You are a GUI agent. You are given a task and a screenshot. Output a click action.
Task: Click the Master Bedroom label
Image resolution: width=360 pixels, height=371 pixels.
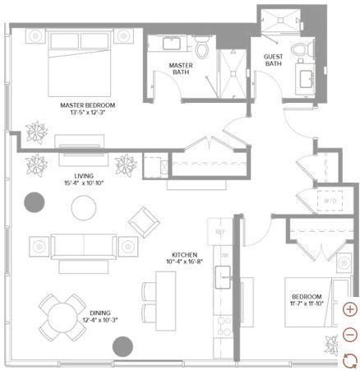click(87, 105)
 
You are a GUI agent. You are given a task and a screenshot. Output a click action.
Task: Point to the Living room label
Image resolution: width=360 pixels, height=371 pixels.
click(83, 176)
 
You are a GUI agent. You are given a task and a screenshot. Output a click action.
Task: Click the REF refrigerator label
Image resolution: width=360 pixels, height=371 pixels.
click(219, 233)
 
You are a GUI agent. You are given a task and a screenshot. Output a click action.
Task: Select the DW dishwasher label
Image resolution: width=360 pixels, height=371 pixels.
click(223, 255)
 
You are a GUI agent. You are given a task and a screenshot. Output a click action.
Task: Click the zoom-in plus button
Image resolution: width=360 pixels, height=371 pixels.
click(350, 309)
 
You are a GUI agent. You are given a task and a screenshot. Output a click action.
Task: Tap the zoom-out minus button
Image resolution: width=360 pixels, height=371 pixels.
click(350, 335)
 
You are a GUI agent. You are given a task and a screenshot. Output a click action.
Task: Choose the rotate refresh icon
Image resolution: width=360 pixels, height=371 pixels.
click(350, 359)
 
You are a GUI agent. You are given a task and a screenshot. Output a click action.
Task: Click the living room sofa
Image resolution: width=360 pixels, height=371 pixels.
click(82, 245)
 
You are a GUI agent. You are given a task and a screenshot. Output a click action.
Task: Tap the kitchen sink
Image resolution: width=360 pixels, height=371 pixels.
click(222, 277)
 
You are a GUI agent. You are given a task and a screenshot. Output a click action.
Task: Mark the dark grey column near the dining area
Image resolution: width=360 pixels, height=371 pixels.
click(122, 346)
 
